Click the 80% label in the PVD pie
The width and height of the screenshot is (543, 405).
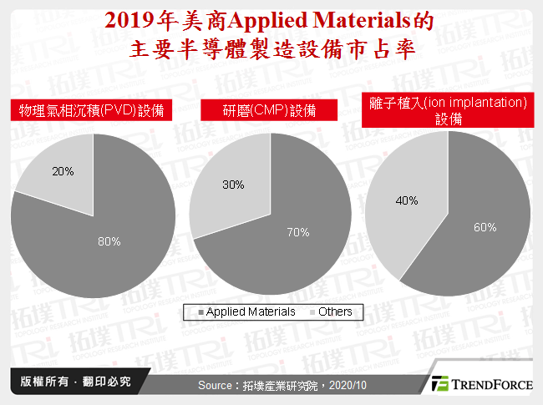[109, 241]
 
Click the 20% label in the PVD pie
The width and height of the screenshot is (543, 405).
[63, 171]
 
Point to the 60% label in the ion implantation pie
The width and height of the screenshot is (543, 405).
[485, 226]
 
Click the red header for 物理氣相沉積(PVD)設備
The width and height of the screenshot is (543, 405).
[92, 111]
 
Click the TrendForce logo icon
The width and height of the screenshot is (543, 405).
[439, 384]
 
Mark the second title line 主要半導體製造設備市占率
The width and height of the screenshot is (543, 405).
[271, 48]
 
